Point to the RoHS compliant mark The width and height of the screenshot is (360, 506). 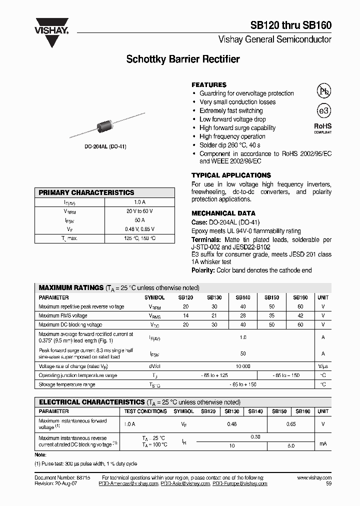click(x=322, y=127)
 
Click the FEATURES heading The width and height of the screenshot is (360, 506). click(x=209, y=85)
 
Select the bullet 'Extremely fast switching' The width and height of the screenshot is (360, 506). click(x=230, y=110)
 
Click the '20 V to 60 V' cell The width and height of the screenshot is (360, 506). click(x=139, y=211)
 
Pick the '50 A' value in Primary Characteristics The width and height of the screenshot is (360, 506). click(x=139, y=220)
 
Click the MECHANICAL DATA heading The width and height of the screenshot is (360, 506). click(x=223, y=213)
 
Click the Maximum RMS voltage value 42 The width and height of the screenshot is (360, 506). click(x=300, y=315)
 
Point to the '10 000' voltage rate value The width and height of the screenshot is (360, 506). click(x=243, y=366)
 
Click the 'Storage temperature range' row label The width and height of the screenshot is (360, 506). click(x=67, y=384)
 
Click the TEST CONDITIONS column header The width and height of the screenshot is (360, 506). click(x=145, y=411)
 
